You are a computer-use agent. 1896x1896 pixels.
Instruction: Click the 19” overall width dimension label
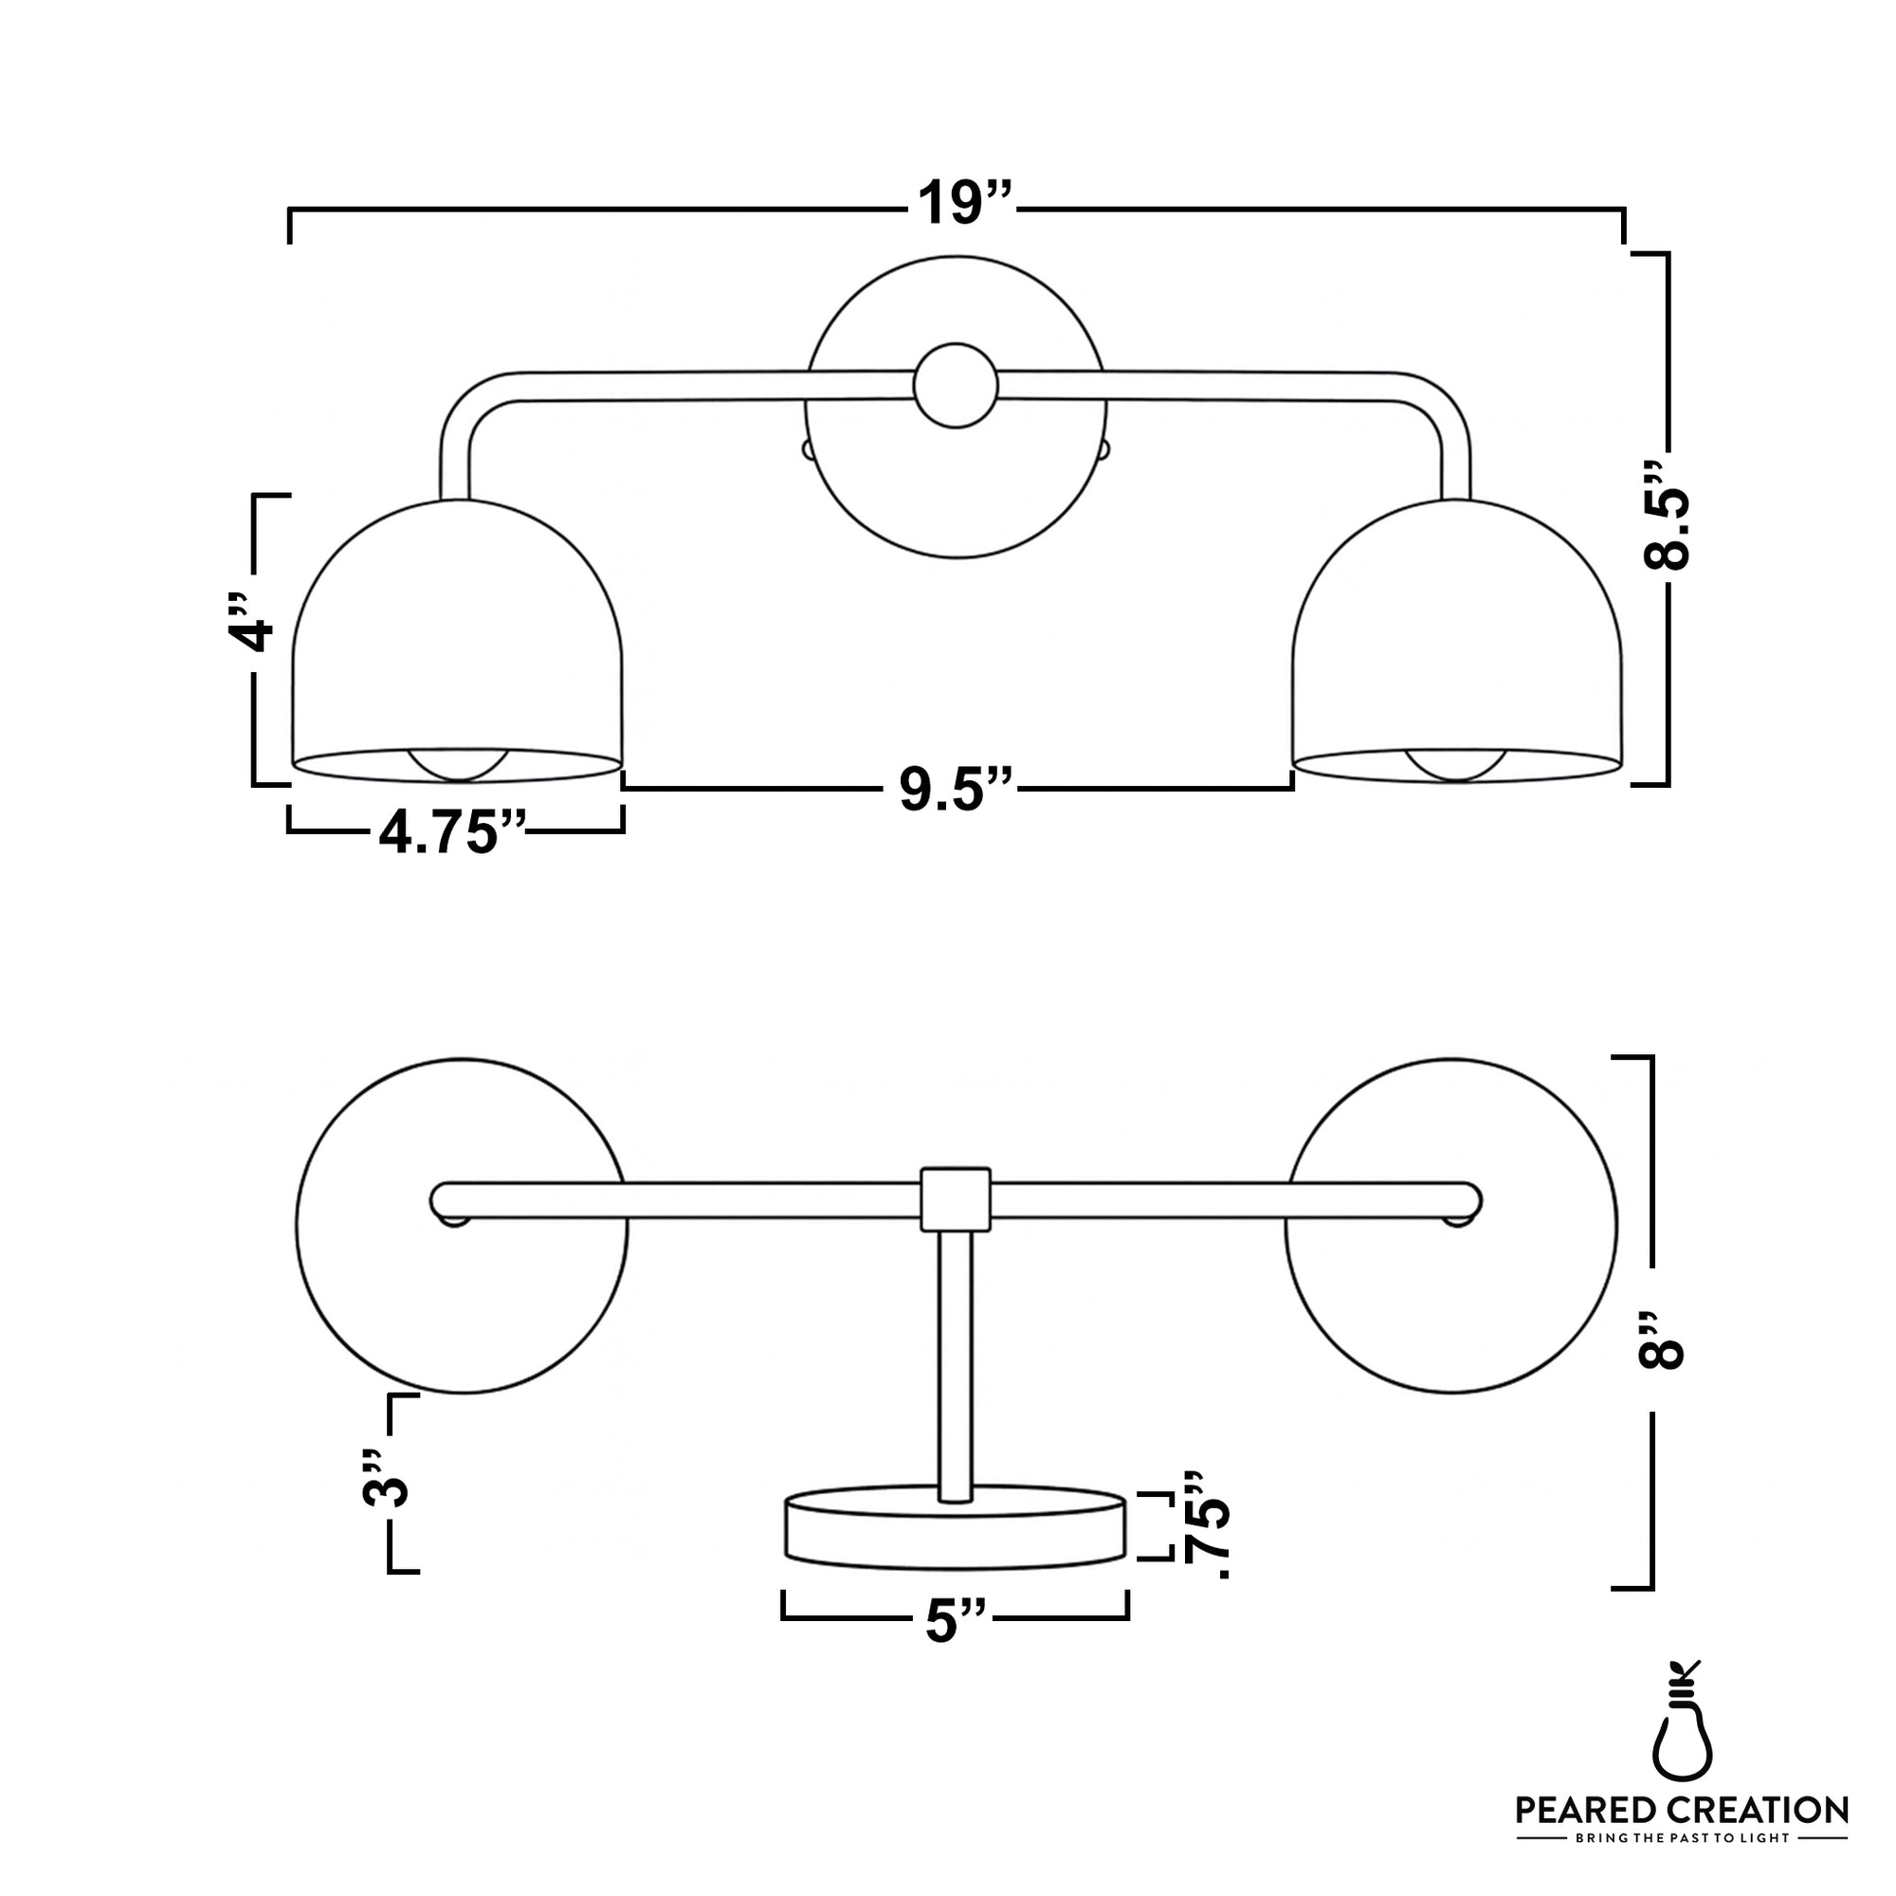[x=964, y=204]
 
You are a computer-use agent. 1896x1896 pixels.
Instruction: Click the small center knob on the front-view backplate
[x=955, y=386]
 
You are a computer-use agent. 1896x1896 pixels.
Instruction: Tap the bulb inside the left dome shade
[x=458, y=764]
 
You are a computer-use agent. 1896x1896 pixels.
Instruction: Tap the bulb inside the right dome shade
[x=1457, y=764]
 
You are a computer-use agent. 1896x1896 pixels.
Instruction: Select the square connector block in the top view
[x=955, y=1198]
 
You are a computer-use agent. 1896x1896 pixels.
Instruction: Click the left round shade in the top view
[x=462, y=1295]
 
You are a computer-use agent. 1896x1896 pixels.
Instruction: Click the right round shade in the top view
[x=1452, y=1295]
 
